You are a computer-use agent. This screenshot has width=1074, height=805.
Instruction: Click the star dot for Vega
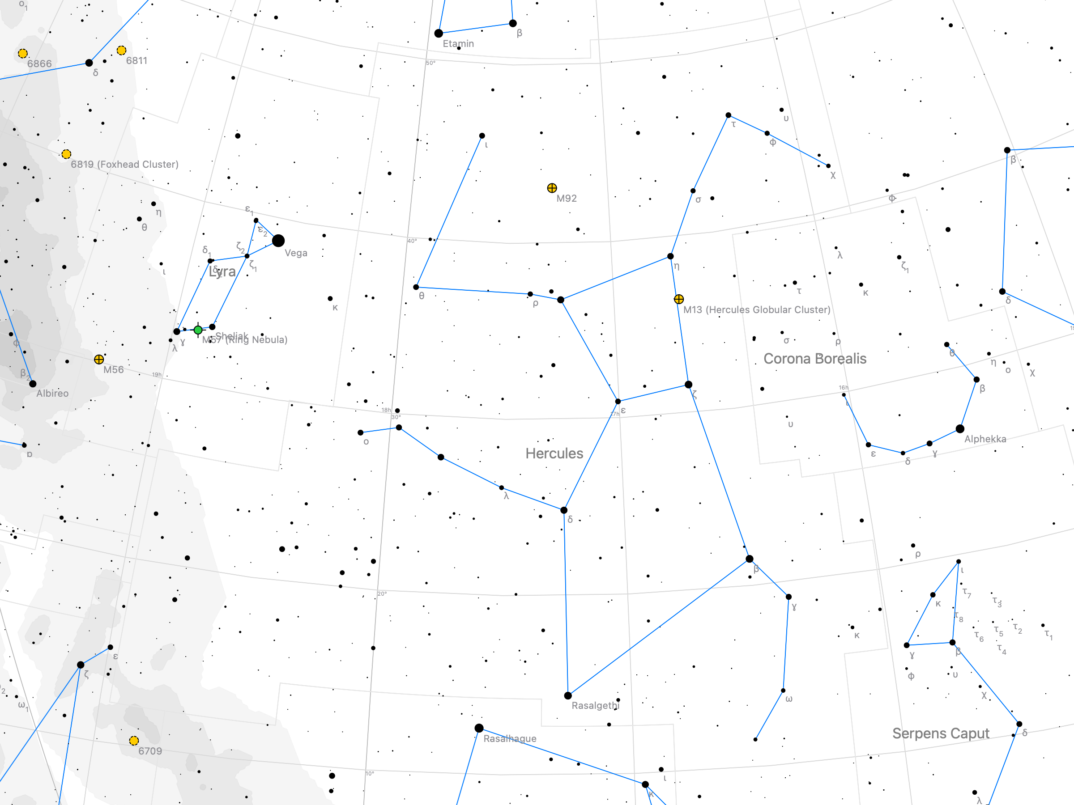278,241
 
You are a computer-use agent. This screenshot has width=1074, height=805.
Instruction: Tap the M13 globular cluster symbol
679,299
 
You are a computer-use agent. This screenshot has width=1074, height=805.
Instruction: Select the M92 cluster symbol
552,188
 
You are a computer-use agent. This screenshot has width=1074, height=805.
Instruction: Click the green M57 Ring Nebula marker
198,330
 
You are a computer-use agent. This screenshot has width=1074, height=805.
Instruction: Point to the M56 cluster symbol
99,360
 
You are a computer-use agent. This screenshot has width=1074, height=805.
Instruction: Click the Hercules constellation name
554,453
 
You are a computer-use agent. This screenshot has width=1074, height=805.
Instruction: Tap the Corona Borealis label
815,359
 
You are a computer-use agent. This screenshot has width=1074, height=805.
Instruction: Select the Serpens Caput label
941,733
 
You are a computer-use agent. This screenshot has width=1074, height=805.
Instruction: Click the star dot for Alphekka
960,429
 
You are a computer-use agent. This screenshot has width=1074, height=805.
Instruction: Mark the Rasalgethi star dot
568,696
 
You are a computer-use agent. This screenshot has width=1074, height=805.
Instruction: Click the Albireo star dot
33,384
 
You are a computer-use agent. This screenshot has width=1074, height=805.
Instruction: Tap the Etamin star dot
439,34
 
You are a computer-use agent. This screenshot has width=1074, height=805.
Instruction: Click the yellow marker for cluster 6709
134,741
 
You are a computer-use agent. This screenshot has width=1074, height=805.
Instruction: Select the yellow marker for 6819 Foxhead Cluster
67,154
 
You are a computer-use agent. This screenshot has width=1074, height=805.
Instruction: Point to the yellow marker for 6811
122,51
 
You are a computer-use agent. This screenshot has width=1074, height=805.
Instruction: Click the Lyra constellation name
222,272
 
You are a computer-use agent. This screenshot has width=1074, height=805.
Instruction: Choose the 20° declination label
382,593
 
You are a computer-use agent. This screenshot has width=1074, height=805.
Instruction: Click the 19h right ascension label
157,375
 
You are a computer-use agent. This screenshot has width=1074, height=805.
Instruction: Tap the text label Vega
296,253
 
